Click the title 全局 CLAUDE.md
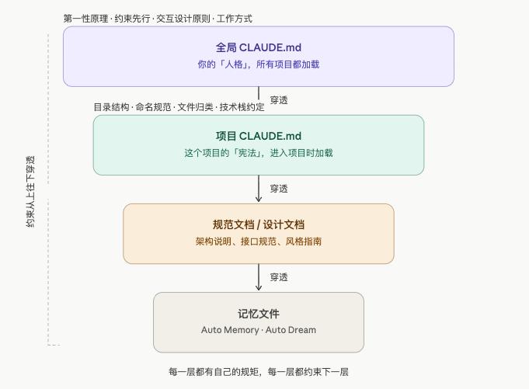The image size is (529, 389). (259, 47)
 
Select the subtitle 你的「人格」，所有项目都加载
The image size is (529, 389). (259, 64)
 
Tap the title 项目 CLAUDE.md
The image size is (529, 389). (259, 136)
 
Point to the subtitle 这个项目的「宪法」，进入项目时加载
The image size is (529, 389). (259, 153)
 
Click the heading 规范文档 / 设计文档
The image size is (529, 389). (259, 225)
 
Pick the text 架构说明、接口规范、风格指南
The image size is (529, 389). (259, 241)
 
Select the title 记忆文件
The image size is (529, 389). (259, 314)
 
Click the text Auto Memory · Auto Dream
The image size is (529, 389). (259, 330)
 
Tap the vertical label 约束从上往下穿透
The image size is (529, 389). (30, 192)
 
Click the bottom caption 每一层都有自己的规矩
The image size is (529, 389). (214, 372)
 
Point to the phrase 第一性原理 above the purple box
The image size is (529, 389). (85, 19)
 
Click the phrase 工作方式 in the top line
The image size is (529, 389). (234, 19)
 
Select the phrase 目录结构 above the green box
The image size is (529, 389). (111, 107)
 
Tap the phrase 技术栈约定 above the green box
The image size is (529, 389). (242, 107)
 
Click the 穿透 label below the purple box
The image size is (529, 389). (279, 100)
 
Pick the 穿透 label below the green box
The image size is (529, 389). (279, 189)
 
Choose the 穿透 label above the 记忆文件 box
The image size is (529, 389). (279, 277)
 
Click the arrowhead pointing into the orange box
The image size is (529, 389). (259, 200)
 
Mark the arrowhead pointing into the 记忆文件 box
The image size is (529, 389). (259, 288)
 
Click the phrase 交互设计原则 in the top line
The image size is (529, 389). (183, 19)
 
